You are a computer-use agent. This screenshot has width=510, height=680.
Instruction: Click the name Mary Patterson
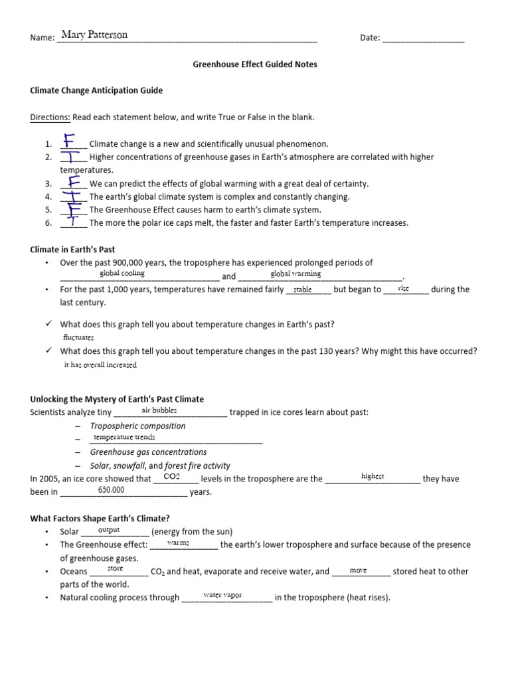94,35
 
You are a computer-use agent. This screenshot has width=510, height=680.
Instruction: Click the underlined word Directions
50,118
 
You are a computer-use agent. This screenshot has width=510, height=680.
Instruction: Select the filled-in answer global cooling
122,273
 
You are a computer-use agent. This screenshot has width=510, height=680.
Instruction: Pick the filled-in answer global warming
296,274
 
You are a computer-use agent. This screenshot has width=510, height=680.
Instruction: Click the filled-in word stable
302,290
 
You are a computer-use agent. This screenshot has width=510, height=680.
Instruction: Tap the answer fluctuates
78,337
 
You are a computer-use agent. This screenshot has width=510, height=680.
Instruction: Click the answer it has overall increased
100,365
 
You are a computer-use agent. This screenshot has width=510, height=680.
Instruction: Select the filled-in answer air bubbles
159,410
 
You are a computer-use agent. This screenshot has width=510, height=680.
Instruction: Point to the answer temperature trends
124,437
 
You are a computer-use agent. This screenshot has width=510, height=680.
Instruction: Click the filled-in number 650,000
111,489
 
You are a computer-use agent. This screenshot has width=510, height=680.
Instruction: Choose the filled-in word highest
373,476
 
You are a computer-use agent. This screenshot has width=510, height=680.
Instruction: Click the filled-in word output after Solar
108,530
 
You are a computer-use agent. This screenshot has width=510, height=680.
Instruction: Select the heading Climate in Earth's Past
72,250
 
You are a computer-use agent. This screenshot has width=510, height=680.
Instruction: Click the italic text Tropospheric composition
137,426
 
